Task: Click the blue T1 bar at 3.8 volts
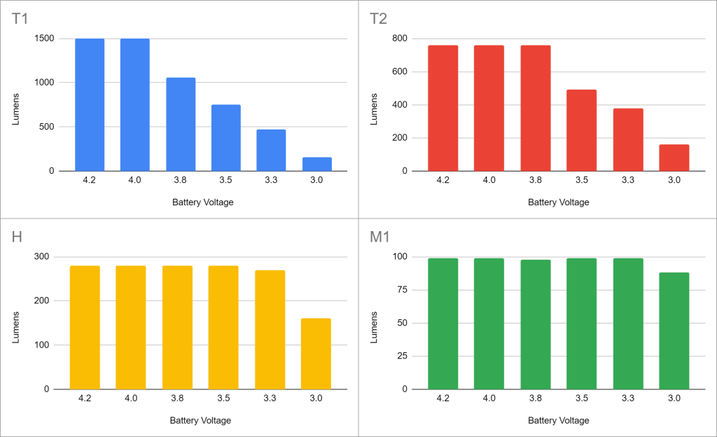coord(180,124)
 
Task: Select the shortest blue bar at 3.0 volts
coord(316,164)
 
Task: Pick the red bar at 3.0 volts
coord(674,158)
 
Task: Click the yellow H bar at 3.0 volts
coord(316,354)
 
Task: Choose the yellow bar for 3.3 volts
coord(270,329)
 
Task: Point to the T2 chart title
coord(379,19)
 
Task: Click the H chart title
coord(18,237)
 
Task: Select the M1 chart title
coord(381,237)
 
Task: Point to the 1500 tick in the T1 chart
coord(42,39)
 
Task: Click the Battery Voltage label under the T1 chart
coord(202,202)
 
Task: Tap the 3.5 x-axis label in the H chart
coord(223,398)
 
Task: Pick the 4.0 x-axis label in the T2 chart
coord(489,180)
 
